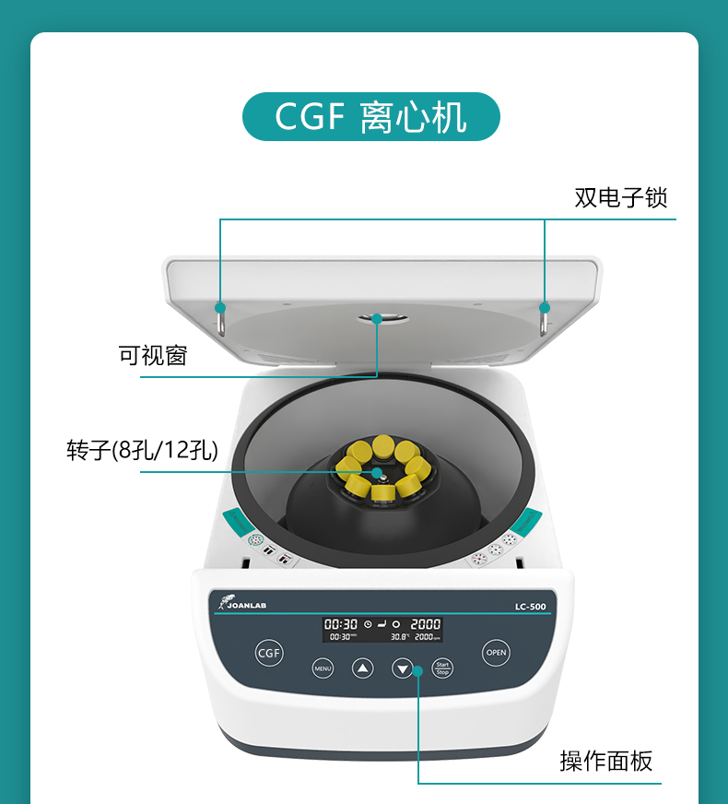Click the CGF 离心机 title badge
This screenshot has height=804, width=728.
pos(370,117)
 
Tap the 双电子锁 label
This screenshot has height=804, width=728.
pos(620,197)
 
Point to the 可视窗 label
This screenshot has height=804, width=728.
pos(153,355)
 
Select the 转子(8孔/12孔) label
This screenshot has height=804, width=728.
pos(142,450)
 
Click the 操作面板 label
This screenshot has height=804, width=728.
pos(605,761)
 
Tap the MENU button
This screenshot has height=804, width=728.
pos(323,668)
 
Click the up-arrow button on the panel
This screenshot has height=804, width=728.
pos(363,668)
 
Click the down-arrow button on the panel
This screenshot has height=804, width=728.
pos(403,668)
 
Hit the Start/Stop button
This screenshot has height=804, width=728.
pos(443,668)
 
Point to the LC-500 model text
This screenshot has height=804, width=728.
pos(532,607)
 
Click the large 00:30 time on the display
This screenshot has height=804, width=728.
pos(340,624)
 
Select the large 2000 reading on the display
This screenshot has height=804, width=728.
pos(425,624)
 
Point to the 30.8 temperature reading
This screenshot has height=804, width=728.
pos(399,637)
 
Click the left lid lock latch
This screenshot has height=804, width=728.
pos(221,316)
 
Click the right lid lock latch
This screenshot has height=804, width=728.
pos(544,317)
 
